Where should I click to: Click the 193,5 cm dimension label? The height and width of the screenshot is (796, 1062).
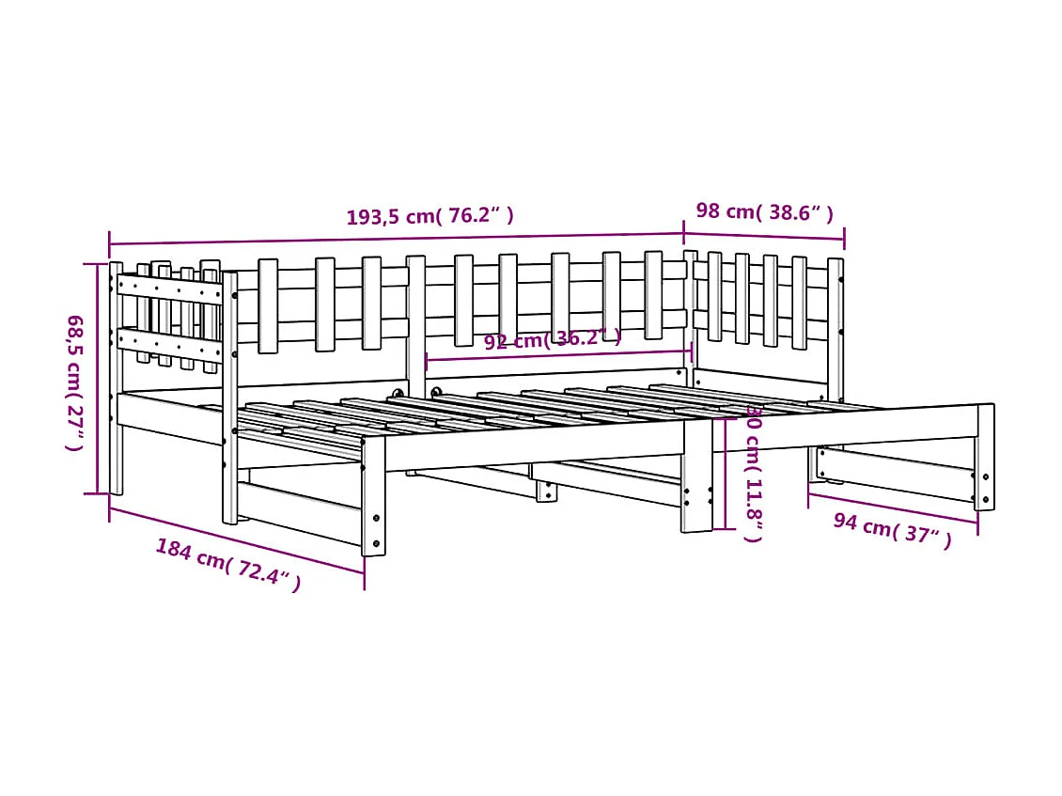point(430,216)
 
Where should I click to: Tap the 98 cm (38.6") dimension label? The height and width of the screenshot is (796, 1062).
point(763,211)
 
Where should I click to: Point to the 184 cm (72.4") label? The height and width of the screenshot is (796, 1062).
point(228,564)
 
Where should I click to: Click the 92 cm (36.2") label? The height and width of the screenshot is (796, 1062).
point(552,340)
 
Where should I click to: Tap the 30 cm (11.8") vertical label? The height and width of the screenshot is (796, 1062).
point(753,475)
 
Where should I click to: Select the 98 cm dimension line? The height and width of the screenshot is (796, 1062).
point(763,236)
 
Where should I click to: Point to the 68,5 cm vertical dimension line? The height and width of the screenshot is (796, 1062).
point(97,376)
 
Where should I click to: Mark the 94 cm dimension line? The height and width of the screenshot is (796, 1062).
point(893,508)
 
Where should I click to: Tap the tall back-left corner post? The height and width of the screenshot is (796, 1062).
point(116,376)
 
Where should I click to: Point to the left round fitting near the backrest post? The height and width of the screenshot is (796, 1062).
point(398,394)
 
